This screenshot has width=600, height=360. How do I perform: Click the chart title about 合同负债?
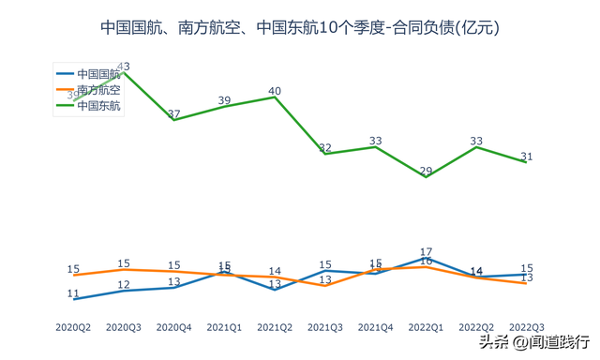(x=300, y=28)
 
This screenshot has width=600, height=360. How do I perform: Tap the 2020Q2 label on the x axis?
(x=73, y=327)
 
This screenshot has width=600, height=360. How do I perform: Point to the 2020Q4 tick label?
(x=173, y=327)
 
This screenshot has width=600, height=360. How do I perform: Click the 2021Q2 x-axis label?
(x=275, y=327)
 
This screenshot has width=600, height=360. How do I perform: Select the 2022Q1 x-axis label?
(x=426, y=327)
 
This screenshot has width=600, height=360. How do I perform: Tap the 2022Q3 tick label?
(x=527, y=327)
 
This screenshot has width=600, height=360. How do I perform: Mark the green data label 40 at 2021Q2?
(x=275, y=91)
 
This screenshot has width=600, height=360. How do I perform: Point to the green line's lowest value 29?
(x=426, y=171)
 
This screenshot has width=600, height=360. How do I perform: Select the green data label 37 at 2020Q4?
(x=173, y=114)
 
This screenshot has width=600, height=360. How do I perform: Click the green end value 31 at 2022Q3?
(x=527, y=157)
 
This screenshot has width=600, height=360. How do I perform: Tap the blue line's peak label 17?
(x=426, y=251)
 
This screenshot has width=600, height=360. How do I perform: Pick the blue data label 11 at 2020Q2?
(x=73, y=293)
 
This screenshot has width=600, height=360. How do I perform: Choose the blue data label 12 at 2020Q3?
(x=124, y=285)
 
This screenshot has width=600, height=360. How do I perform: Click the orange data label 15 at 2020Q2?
(x=73, y=269)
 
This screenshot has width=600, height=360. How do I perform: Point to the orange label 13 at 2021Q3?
(x=325, y=279)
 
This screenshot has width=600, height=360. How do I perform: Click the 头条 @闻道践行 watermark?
(x=534, y=340)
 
